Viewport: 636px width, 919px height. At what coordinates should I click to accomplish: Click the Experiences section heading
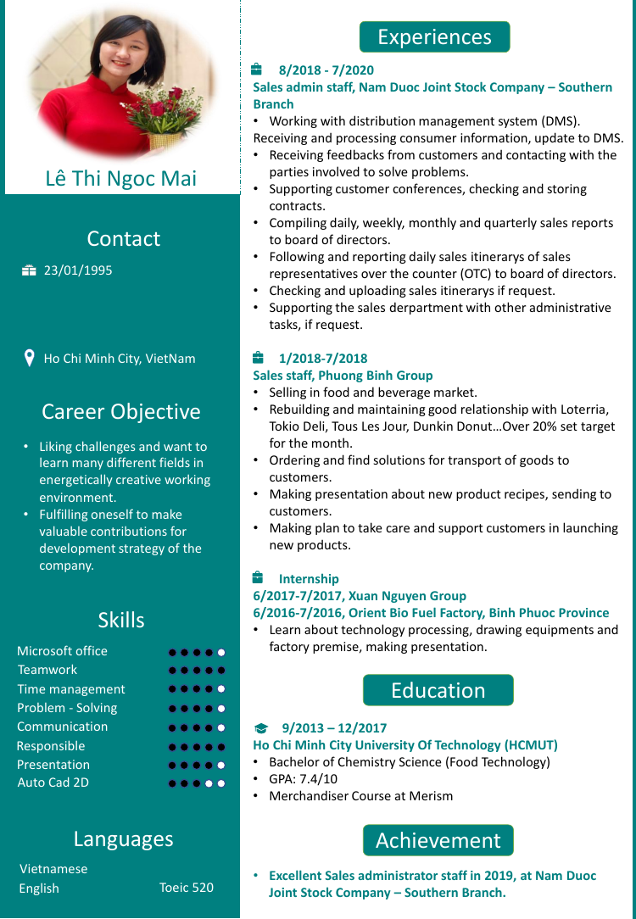point(434,37)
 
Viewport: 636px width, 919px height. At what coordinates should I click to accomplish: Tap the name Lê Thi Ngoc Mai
point(121,178)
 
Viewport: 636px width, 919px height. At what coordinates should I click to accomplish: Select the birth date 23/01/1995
point(78,270)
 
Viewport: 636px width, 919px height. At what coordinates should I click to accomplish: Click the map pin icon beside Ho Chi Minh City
point(30,358)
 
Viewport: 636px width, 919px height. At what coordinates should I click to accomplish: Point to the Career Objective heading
point(121,412)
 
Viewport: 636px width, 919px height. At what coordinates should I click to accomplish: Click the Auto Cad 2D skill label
point(53,783)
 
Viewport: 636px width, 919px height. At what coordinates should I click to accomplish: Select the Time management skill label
point(71,689)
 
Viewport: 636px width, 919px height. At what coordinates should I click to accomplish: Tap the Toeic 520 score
point(187,888)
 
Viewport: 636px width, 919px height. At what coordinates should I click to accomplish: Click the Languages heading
point(123,839)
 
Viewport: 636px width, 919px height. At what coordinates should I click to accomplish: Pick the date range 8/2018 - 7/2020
point(326,70)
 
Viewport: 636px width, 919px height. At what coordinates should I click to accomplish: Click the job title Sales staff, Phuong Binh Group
point(343,376)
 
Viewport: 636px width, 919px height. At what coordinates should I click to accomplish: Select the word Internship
point(309,579)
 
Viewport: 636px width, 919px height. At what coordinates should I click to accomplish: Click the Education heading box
point(438,690)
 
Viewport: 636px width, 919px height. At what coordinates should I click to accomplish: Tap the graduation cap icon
point(261,728)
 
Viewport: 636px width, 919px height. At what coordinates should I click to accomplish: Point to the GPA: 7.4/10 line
point(304,779)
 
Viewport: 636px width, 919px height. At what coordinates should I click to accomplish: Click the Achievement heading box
point(438,840)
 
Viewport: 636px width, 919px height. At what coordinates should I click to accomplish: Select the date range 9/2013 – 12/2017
point(334,728)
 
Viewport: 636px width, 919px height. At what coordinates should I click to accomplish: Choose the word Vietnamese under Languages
point(53,869)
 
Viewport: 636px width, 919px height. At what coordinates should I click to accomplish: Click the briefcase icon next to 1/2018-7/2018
point(258,358)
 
